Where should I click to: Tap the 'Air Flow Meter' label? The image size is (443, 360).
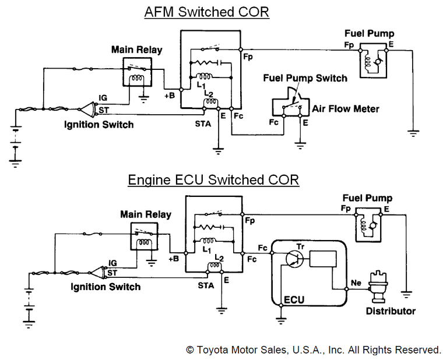(x=346, y=108)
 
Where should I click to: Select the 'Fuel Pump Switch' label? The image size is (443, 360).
(x=305, y=78)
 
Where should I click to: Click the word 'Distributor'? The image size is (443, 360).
(x=391, y=310)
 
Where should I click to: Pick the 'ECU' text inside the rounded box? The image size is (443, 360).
(x=294, y=300)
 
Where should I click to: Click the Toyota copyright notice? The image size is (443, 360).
(x=314, y=350)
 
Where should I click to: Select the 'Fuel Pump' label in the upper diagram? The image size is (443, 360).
(x=369, y=34)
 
